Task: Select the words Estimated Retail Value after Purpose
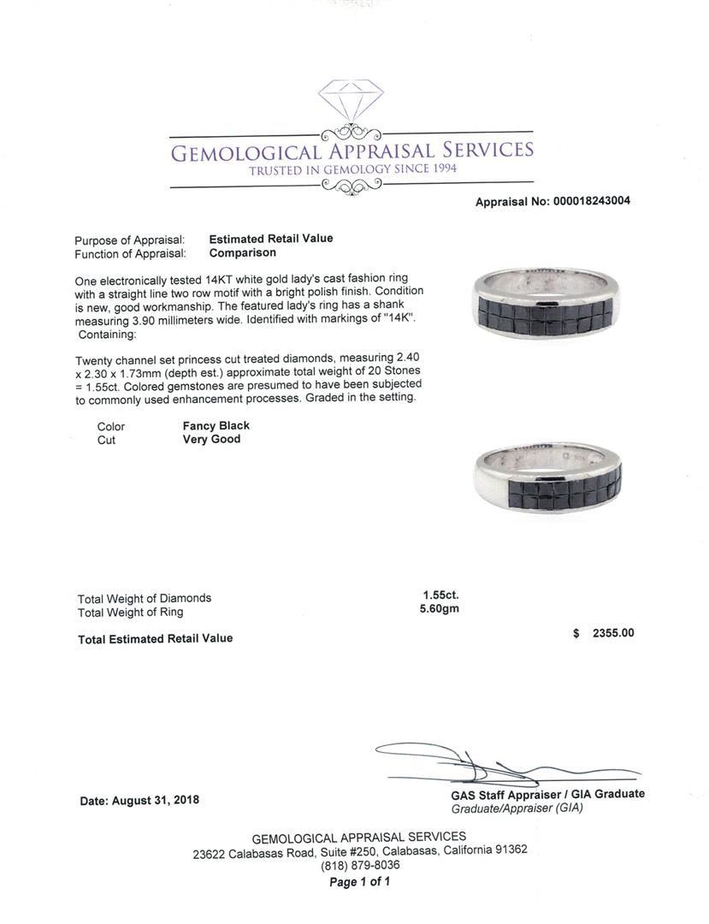point(271,239)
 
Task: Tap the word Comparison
point(243,253)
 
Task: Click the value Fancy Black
point(216,425)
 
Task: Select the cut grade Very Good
point(212,440)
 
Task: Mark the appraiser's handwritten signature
point(479,761)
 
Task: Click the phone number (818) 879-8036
point(359,865)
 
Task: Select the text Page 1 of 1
point(359,882)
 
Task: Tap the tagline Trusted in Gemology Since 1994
point(352,169)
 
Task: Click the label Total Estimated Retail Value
point(155,638)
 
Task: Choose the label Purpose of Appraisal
point(129,240)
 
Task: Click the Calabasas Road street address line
point(359,850)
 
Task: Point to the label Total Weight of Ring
point(130,613)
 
